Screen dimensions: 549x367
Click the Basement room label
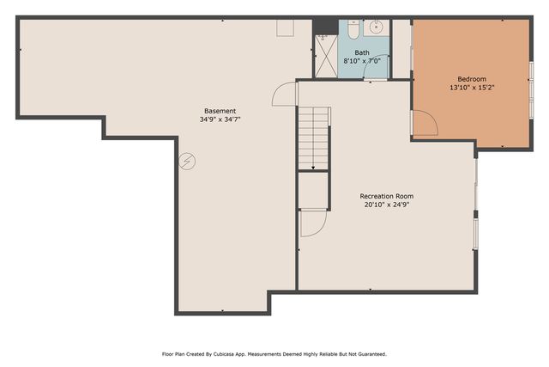pyautogui.click(x=220, y=111)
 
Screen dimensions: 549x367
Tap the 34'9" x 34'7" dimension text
pyautogui.click(x=220, y=119)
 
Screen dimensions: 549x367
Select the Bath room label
pyautogui.click(x=362, y=52)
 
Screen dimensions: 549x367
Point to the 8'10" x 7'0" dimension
pyautogui.click(x=362, y=61)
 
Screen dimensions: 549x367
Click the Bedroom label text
pyautogui.click(x=472, y=79)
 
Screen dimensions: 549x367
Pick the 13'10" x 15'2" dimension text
pyautogui.click(x=472, y=88)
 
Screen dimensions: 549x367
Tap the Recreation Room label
pyautogui.click(x=387, y=196)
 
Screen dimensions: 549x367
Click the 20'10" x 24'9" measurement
pyautogui.click(x=387, y=205)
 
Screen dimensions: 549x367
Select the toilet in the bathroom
pyautogui.click(x=353, y=29)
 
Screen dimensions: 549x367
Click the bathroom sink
pyautogui.click(x=376, y=28)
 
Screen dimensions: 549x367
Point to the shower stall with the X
pyautogui.click(x=326, y=56)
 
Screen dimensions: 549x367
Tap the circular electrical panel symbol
pyautogui.click(x=187, y=162)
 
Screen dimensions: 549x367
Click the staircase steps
pyautogui.click(x=313, y=138)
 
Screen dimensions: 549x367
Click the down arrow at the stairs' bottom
pyautogui.click(x=313, y=168)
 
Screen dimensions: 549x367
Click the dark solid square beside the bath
pyautogui.click(x=325, y=27)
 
